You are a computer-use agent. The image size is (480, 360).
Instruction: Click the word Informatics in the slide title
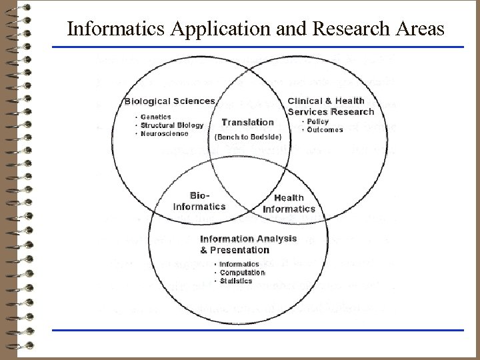tap(109, 30)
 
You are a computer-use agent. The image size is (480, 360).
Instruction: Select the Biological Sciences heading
tap(170, 101)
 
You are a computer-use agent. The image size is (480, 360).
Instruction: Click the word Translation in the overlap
tap(247, 122)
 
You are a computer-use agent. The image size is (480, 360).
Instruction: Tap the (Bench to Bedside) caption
tap(249, 137)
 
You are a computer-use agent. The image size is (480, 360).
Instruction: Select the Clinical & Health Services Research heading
tap(331, 107)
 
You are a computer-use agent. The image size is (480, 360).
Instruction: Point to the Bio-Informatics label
tap(199, 201)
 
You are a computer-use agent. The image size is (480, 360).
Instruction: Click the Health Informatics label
tap(289, 203)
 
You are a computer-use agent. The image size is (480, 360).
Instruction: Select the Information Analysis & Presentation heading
tap(236, 245)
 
